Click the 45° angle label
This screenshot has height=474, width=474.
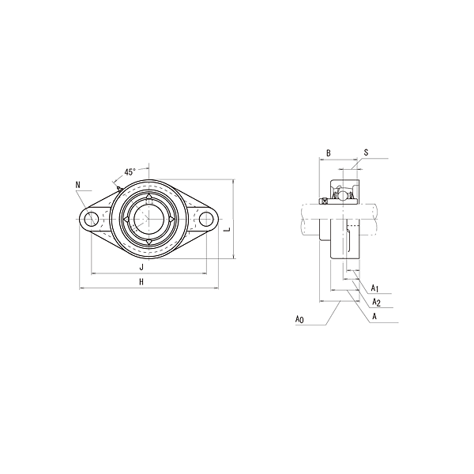(130, 171)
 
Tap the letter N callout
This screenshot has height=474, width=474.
(77, 186)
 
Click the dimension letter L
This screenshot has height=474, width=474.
(226, 230)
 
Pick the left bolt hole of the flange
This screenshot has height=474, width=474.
(92, 219)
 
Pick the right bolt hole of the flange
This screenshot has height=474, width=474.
(207, 219)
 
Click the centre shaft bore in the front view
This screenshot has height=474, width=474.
(149, 219)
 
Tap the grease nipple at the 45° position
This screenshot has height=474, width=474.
(118, 188)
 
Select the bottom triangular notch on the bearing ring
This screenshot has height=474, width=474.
(149, 242)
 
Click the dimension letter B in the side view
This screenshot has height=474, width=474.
(328, 152)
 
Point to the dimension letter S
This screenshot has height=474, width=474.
(366, 152)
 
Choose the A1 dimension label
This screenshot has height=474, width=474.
(376, 288)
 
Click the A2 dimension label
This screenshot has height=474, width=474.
(376, 303)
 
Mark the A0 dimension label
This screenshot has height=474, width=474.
(299, 319)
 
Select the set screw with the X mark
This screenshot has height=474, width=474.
(324, 202)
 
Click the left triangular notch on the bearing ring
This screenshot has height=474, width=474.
(126, 219)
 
